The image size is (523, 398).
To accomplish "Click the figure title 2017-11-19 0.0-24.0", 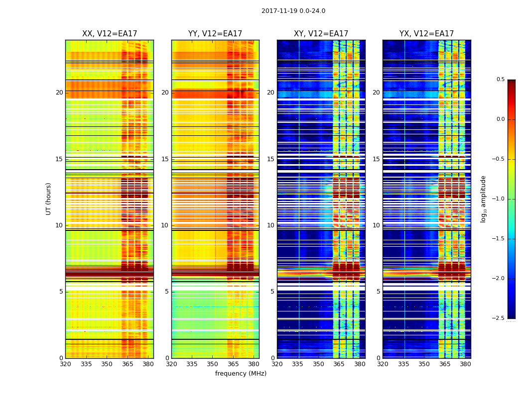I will click(x=293, y=11).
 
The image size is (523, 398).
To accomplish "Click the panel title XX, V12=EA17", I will click(x=110, y=34).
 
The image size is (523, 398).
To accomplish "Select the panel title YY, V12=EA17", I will click(x=215, y=34).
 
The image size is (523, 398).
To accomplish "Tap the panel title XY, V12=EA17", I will click(x=321, y=34).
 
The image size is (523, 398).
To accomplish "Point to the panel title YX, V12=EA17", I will click(x=426, y=34).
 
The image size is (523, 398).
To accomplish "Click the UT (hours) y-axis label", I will click(x=49, y=199).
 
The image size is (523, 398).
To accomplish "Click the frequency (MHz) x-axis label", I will click(x=241, y=374).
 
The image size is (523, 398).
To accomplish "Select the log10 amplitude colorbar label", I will click(x=483, y=199).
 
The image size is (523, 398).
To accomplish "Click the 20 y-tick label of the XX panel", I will click(x=59, y=93).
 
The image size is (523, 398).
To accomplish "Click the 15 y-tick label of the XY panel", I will click(x=271, y=159).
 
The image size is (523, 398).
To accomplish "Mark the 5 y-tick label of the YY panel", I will click(x=167, y=292).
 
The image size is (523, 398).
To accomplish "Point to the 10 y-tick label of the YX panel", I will click(x=377, y=225).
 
